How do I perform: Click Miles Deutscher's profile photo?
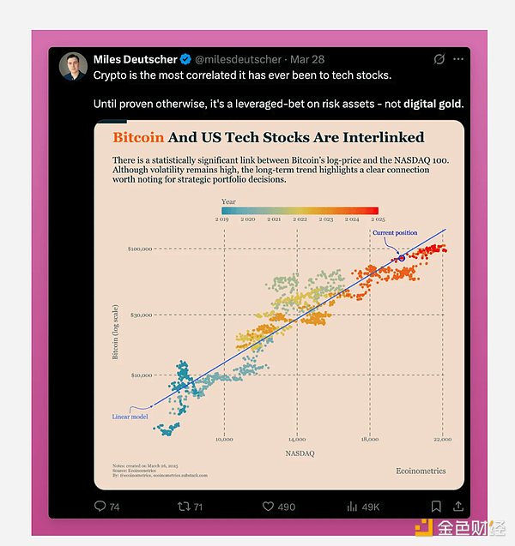[x=72, y=66]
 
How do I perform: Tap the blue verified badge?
[x=185, y=59]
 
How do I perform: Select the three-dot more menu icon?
[x=458, y=59]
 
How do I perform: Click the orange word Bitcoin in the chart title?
[x=140, y=137]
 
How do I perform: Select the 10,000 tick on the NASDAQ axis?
[x=223, y=440]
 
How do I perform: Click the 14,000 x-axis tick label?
[x=296, y=440]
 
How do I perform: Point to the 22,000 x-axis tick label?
[x=441, y=440]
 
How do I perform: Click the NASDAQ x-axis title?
[x=299, y=453]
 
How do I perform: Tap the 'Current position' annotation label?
[x=395, y=233]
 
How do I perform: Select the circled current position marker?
[x=401, y=257]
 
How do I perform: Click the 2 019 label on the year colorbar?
[x=221, y=219]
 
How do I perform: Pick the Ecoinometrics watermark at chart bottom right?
[x=421, y=471]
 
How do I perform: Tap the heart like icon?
[x=268, y=507]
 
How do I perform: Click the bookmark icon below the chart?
[x=436, y=507]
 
